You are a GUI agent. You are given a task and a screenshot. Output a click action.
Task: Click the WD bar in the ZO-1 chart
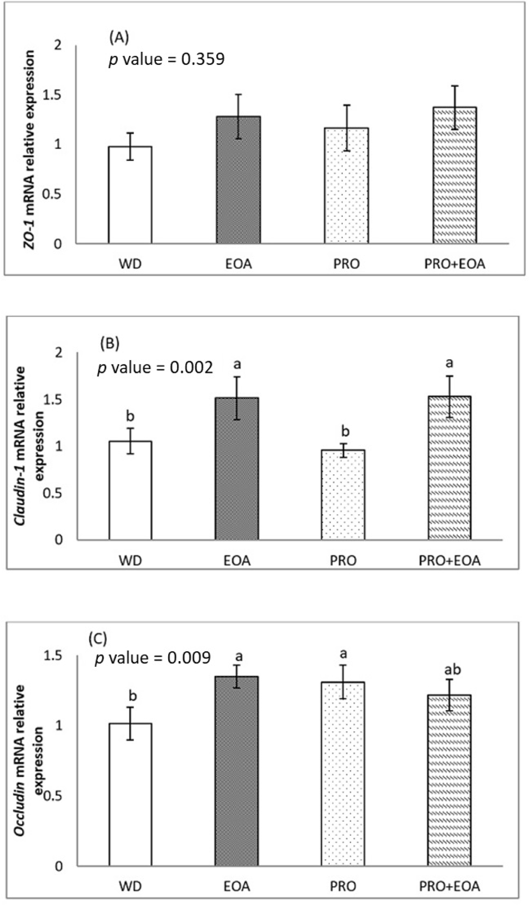(130, 195)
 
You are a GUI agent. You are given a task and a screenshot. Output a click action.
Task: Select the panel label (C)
(98, 639)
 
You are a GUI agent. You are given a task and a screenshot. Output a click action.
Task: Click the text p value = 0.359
(167, 60)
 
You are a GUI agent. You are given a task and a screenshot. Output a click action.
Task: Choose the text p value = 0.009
(153, 658)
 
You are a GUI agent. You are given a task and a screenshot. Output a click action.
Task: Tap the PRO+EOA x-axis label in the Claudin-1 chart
(450, 561)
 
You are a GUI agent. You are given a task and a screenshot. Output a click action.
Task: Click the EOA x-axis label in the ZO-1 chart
(238, 263)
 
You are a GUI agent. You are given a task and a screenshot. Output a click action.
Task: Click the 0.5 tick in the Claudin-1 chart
(55, 493)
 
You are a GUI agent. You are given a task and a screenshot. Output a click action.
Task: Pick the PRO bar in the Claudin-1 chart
(342, 494)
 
